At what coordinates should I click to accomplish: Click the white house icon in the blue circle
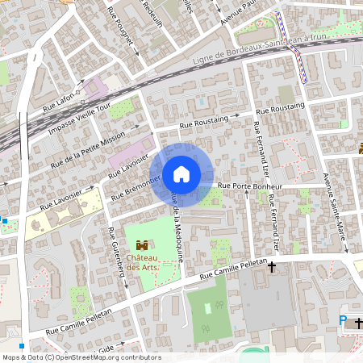coord(181,173)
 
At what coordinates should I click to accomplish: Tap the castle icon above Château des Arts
coord(142,244)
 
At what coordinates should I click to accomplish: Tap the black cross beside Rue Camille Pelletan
coord(272,265)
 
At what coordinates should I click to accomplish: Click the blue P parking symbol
coord(343,321)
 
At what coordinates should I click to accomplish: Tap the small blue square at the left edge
coord(4,219)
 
